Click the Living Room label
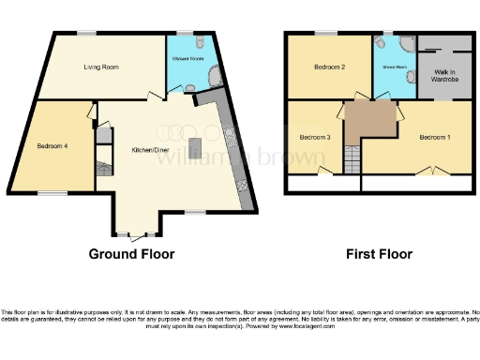[x=102, y=67]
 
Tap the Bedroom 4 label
[x=52, y=147]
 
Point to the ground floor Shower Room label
[x=187, y=60]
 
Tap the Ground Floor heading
[x=131, y=253]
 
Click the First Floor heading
[x=378, y=253]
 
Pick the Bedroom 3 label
[x=314, y=138]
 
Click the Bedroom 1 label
[x=434, y=138]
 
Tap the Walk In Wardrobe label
[x=443, y=75]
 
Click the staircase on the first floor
[x=352, y=160]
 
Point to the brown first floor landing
[x=369, y=121]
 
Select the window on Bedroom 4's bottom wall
[x=52, y=193]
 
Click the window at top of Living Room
[x=86, y=34]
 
